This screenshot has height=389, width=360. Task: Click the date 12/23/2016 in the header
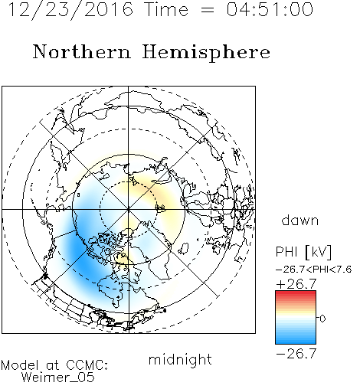pyautogui.click(x=70, y=10)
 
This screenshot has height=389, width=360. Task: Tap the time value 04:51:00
pyautogui.click(x=270, y=9)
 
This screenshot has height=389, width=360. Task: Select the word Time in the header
pyautogui.click(x=166, y=9)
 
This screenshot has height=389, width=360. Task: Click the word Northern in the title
pyautogui.click(x=82, y=51)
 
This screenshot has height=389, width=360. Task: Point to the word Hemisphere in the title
pyautogui.click(x=206, y=53)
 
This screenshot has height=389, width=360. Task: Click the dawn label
pyautogui.click(x=300, y=220)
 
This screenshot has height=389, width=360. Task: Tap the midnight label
pyautogui.click(x=180, y=359)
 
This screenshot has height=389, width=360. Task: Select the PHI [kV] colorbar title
pyautogui.click(x=303, y=252)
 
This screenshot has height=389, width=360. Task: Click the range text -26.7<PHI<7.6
pyautogui.click(x=314, y=270)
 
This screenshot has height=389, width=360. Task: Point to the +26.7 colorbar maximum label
pyautogui.click(x=296, y=284)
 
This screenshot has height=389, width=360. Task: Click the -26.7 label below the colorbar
pyautogui.click(x=296, y=354)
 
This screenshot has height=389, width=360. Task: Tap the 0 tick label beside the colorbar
pyautogui.click(x=322, y=319)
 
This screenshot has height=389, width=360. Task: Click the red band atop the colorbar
pyautogui.click(x=296, y=294)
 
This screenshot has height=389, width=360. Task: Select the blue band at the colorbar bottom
pyautogui.click(x=296, y=339)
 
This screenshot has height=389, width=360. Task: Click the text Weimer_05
pyautogui.click(x=58, y=378)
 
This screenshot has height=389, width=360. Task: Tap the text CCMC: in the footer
pyautogui.click(x=87, y=365)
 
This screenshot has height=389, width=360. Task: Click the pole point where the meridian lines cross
pyautogui.click(x=129, y=210)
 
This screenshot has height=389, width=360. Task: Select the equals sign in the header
pyautogui.click(x=208, y=10)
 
